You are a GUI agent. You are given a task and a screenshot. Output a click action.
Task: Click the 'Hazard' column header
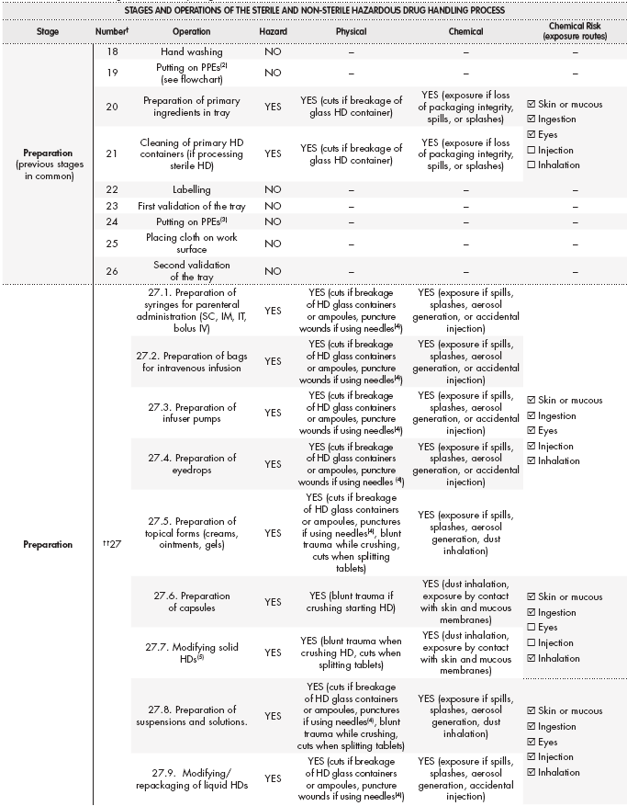coord(273,31)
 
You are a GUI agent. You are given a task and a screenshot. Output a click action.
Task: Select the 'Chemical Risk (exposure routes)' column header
coord(576,31)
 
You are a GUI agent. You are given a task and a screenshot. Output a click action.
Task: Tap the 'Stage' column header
coord(49,31)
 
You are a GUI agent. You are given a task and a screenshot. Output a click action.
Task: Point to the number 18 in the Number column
coord(112,52)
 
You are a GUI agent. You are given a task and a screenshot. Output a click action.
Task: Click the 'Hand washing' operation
coord(192,52)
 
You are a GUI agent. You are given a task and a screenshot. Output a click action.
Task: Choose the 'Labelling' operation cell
coord(192,189)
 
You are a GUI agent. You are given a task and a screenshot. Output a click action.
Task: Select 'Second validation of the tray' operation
coord(192,271)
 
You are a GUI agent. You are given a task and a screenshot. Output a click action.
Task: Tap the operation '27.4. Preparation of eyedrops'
coord(192,464)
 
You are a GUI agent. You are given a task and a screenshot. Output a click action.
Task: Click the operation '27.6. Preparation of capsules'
coord(192,602)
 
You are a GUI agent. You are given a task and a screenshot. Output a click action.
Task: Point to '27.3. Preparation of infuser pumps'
coord(192,413)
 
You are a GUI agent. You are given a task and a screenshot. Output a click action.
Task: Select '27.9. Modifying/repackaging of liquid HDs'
coord(192,778)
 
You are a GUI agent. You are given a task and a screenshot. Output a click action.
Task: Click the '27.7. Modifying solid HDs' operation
coord(192,653)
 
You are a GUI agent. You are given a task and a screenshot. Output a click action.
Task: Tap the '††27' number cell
coord(112,544)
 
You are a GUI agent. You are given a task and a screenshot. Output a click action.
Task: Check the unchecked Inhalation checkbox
coord(532,165)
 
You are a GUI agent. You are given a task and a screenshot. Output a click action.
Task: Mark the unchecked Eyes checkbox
coord(532,628)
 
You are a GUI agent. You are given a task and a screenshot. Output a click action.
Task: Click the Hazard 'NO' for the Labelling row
coord(273,189)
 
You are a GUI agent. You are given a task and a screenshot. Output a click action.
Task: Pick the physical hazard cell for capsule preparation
coord(352,602)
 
